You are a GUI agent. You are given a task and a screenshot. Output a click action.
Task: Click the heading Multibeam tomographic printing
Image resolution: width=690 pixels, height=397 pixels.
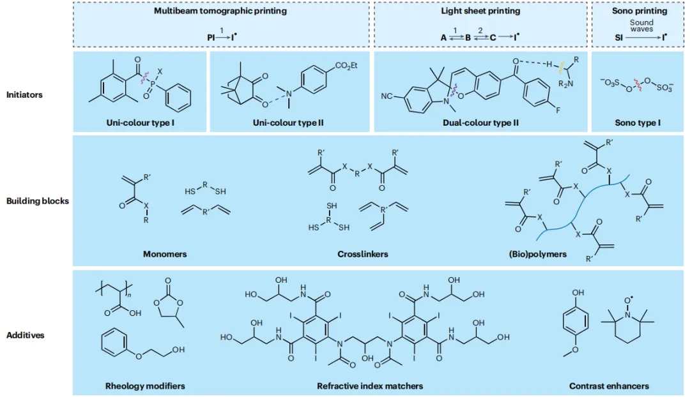coord(220,11)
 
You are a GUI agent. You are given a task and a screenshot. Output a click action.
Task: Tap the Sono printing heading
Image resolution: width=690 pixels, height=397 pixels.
coord(641,11)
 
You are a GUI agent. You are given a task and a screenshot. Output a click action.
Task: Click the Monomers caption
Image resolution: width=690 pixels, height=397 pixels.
coord(165,254)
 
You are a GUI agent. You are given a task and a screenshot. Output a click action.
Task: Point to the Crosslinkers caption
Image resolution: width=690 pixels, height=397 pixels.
coord(363,254)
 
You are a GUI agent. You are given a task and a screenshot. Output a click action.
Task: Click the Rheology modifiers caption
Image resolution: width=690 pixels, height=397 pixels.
coord(145,386)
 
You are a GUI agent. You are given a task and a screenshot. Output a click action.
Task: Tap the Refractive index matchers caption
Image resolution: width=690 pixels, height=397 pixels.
coord(370,386)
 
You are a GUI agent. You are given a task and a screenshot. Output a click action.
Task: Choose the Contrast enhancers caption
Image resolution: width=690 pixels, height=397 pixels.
coord(609,386)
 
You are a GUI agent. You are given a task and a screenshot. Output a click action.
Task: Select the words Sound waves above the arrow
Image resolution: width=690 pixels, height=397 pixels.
coord(641,26)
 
